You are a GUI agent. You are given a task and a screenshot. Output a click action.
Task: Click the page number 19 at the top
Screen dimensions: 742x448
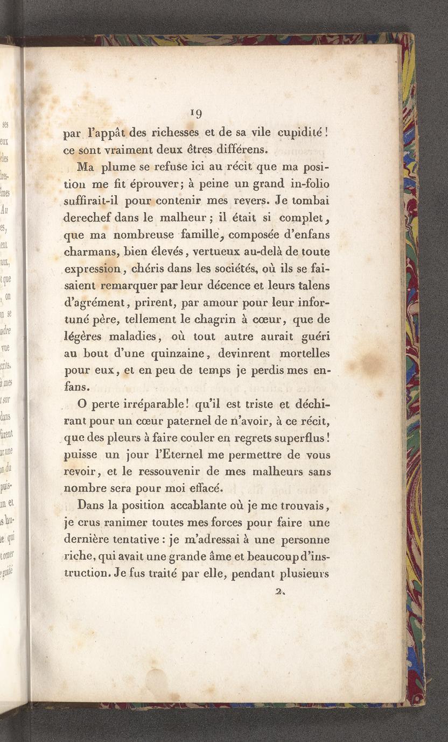(196, 113)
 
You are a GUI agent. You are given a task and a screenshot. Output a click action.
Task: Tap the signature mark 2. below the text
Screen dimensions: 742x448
(279, 591)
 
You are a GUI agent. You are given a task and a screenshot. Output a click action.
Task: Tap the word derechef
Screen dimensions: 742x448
(89, 218)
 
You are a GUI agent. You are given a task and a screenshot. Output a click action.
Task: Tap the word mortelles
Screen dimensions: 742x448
(304, 353)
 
